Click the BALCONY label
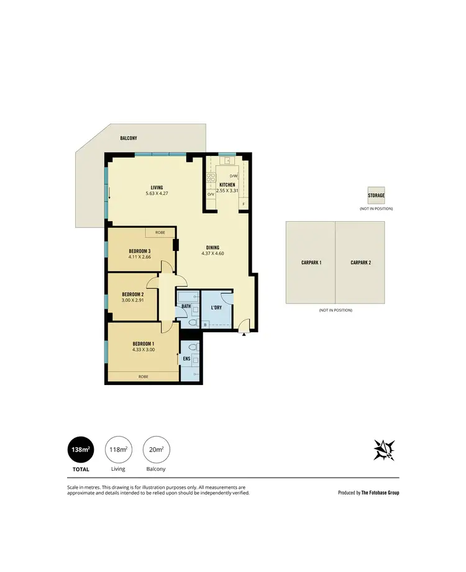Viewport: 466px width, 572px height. [x=128, y=138]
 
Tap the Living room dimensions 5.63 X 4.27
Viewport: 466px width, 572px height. [x=156, y=193]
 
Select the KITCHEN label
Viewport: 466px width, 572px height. [x=227, y=185]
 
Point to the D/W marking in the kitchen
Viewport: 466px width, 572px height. [x=234, y=176]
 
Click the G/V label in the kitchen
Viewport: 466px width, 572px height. [x=211, y=195]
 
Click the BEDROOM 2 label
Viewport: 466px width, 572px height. [x=133, y=294]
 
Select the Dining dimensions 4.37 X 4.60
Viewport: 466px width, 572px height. [x=212, y=253]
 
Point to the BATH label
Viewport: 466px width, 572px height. [x=186, y=306]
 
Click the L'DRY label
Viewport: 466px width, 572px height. [x=217, y=308]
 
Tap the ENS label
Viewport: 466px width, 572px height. [x=186, y=358]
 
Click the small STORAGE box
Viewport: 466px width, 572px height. [x=376, y=195]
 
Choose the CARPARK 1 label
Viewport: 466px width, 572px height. [x=311, y=263]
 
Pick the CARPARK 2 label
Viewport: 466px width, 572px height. [x=360, y=263]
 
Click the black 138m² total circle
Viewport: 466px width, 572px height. [x=81, y=449]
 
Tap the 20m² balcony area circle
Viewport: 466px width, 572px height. [x=154, y=449]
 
